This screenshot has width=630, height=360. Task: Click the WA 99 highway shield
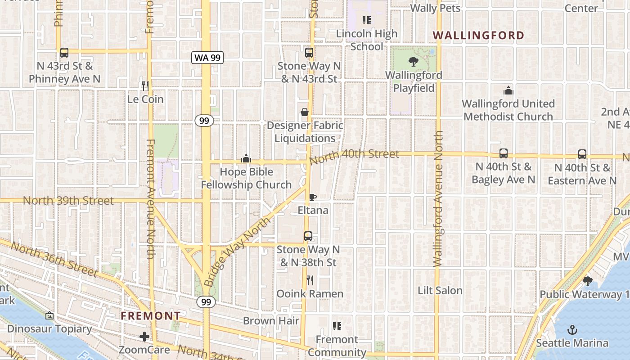click(207, 57)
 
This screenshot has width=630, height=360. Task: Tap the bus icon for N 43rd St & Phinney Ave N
click(64, 52)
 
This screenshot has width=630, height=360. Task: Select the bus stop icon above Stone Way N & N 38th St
click(308, 236)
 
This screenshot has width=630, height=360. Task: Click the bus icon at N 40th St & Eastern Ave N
click(582, 154)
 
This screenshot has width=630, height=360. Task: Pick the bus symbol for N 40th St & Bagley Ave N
click(504, 153)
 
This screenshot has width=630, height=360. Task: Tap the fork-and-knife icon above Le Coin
click(145, 85)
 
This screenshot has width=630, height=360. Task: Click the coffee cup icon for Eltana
click(313, 197)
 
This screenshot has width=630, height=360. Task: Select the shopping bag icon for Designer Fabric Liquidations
click(305, 112)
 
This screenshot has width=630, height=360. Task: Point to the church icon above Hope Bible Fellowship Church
click(246, 158)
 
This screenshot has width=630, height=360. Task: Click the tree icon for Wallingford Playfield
click(414, 62)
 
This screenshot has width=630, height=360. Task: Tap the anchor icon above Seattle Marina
click(572, 330)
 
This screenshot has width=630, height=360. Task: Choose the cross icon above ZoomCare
click(144, 337)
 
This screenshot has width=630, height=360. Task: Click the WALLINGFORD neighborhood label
click(479, 36)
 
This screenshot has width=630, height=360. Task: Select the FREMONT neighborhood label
click(151, 316)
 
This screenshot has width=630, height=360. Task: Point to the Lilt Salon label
click(440, 291)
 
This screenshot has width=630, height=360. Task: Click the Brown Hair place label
click(271, 321)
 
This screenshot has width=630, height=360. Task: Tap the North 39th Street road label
click(68, 201)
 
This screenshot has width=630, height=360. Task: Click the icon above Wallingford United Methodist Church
click(508, 90)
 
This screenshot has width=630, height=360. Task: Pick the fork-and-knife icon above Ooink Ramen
click(310, 280)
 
